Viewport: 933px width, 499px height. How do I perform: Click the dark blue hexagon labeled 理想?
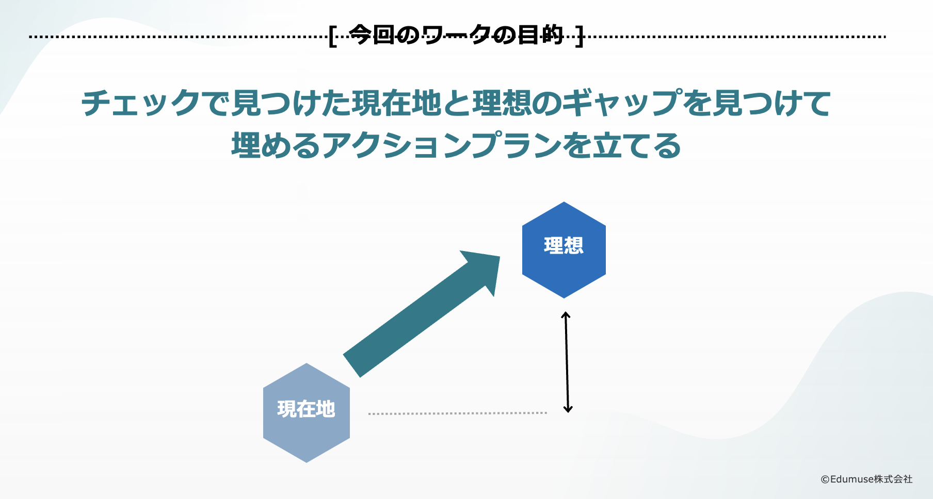(564, 250)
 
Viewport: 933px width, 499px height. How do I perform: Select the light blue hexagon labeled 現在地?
(307, 413)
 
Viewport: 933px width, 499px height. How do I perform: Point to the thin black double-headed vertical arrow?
(567, 362)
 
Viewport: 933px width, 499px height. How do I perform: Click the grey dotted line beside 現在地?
(458, 413)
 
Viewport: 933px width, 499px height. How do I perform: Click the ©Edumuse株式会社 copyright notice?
(866, 479)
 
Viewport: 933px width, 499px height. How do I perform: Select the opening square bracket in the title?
(333, 36)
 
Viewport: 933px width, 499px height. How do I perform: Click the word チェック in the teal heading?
(141, 103)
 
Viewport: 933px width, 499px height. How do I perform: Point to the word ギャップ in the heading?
(622, 103)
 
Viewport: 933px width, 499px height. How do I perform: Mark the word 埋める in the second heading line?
(276, 145)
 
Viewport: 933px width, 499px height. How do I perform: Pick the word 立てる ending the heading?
(637, 145)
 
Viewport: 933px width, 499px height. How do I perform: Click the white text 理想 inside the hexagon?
(564, 245)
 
